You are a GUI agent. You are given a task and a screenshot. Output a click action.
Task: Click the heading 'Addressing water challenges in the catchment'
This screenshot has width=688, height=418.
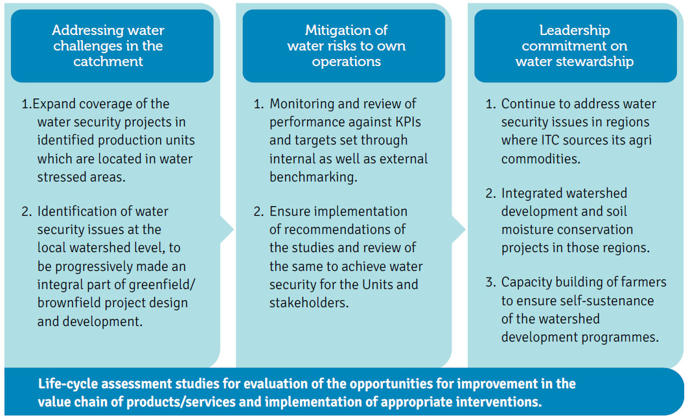(108, 45)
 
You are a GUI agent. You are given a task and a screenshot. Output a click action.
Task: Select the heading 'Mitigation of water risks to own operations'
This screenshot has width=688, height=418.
(346, 45)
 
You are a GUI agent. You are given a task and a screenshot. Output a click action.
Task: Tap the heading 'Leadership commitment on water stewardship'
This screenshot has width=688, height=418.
(575, 45)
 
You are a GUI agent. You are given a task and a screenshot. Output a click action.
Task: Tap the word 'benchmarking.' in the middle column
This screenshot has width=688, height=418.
(314, 177)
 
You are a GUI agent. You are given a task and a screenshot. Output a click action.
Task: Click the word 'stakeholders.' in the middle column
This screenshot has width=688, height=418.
(309, 303)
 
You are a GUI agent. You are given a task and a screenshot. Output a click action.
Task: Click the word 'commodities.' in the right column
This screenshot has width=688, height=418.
(540, 159)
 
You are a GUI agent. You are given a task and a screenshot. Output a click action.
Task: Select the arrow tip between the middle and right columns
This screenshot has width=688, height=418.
(465, 229)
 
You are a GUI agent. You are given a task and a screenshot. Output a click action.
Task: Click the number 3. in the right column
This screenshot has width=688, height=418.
(490, 282)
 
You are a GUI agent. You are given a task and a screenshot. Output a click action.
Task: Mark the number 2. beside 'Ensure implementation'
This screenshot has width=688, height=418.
(258, 211)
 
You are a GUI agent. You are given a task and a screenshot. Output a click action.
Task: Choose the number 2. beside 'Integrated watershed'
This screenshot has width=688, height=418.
(490, 193)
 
